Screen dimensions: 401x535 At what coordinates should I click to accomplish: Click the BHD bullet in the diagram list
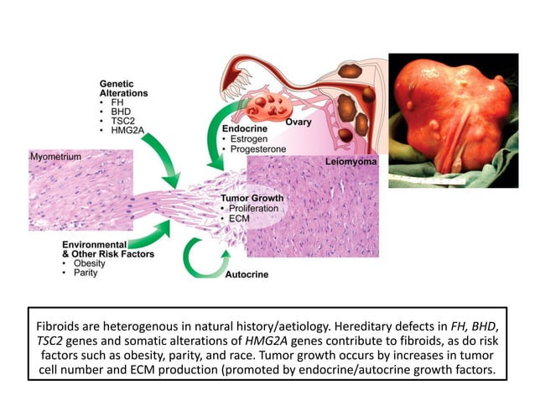click(112, 111)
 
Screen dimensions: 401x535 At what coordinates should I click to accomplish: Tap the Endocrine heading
click(239, 128)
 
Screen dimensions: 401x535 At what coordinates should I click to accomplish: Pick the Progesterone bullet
click(255, 148)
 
